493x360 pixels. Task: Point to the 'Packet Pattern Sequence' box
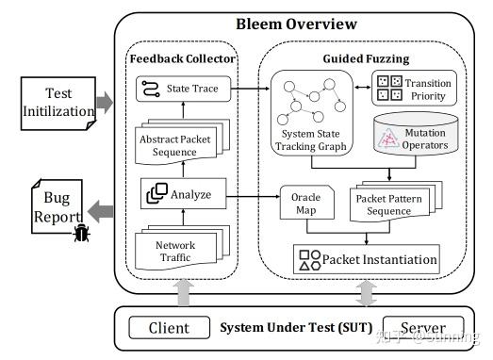coord(385,205)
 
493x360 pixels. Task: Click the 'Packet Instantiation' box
coord(366,259)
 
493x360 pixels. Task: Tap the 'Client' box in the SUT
coord(169,328)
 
